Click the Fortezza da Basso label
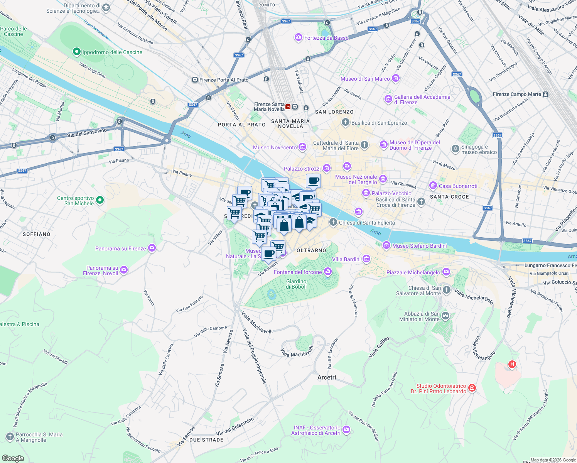(x=326, y=38)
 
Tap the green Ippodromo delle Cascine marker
(x=76, y=52)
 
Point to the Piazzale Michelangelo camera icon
(x=446, y=272)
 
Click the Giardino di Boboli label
(x=296, y=284)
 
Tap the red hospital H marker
(x=512, y=364)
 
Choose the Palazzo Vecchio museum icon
(x=366, y=193)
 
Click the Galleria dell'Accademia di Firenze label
(x=422, y=100)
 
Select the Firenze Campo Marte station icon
(x=545, y=94)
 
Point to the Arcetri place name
(x=327, y=377)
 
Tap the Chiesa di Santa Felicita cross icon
(x=333, y=222)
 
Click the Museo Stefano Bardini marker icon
(x=386, y=245)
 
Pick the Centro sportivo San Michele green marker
(x=100, y=200)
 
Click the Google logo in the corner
(x=13, y=458)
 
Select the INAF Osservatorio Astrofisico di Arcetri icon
(x=346, y=429)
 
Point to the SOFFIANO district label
(x=36, y=234)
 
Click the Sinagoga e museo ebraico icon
(x=455, y=149)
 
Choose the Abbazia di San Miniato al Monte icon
(x=445, y=316)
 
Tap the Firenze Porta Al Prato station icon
(x=195, y=80)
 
